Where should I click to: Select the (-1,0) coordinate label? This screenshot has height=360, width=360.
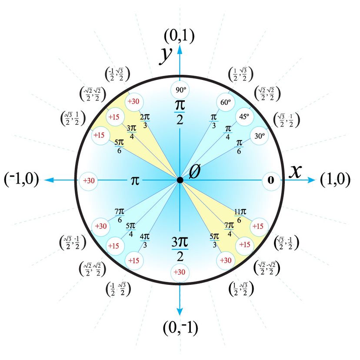(x=21, y=180)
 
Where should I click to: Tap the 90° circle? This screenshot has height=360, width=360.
(x=180, y=90)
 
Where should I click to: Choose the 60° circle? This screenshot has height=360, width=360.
(x=225, y=103)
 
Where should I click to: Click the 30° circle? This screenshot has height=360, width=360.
(x=260, y=136)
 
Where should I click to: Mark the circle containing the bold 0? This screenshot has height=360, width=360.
(x=271, y=180)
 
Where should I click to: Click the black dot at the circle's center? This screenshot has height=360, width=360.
(x=180, y=180)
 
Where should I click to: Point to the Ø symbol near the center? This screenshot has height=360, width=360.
(x=195, y=172)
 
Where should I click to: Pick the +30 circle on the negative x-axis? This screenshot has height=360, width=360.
(x=88, y=180)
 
